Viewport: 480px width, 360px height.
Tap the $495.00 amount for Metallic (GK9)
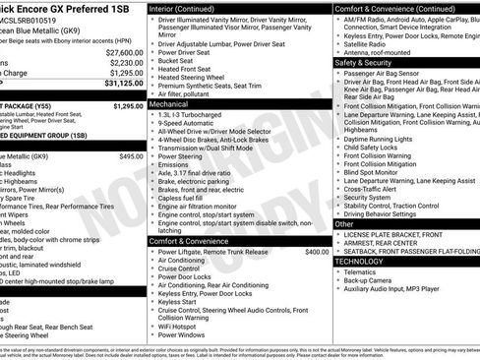click(131, 156)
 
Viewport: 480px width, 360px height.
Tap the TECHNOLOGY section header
click(359, 262)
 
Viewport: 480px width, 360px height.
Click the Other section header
click(345, 224)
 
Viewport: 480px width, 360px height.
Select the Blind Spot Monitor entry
click(377, 172)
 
